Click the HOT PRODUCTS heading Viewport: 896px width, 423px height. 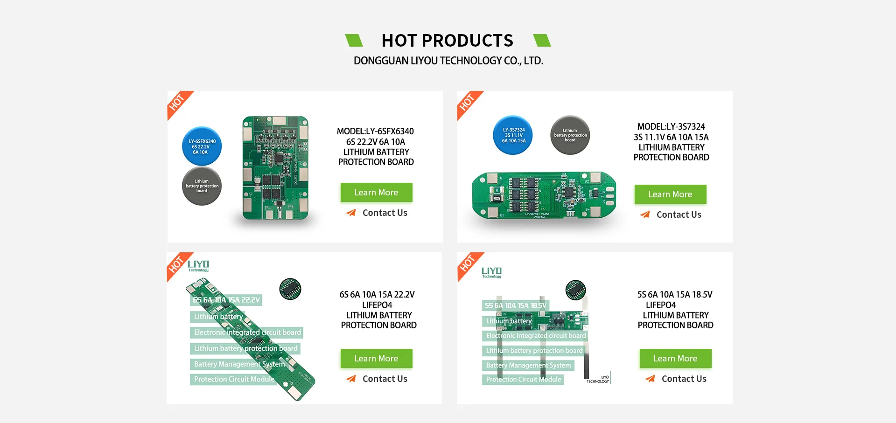coord(447,41)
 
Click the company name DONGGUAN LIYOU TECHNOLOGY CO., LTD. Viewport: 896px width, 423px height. coord(448,61)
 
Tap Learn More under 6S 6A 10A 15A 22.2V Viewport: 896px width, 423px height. coord(376,358)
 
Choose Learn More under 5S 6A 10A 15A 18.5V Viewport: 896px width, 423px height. coord(675,358)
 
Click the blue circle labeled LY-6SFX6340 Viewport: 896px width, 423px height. coord(202,146)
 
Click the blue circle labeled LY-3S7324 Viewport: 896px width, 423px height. coord(513,135)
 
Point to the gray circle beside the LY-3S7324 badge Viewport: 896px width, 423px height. coord(570,135)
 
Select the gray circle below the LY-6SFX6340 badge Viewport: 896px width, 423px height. coord(202,186)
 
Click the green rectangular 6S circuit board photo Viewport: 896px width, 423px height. coord(275,168)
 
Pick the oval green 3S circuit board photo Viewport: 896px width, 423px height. coord(544,195)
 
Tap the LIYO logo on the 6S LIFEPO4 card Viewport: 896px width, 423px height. coord(198,265)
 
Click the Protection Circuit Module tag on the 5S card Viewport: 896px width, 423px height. coord(523,380)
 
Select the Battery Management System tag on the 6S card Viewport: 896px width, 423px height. coord(239,364)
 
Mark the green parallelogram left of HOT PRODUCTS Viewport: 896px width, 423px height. coord(354,41)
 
